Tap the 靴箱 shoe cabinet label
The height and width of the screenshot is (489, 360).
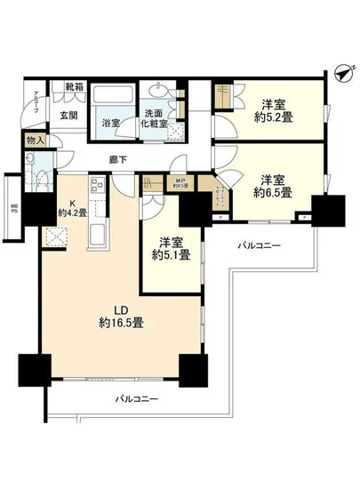pyautogui.click(x=75, y=87)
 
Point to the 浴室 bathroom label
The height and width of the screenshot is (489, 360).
pyautogui.click(x=110, y=122)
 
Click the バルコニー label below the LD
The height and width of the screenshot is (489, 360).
pyautogui.click(x=135, y=398)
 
